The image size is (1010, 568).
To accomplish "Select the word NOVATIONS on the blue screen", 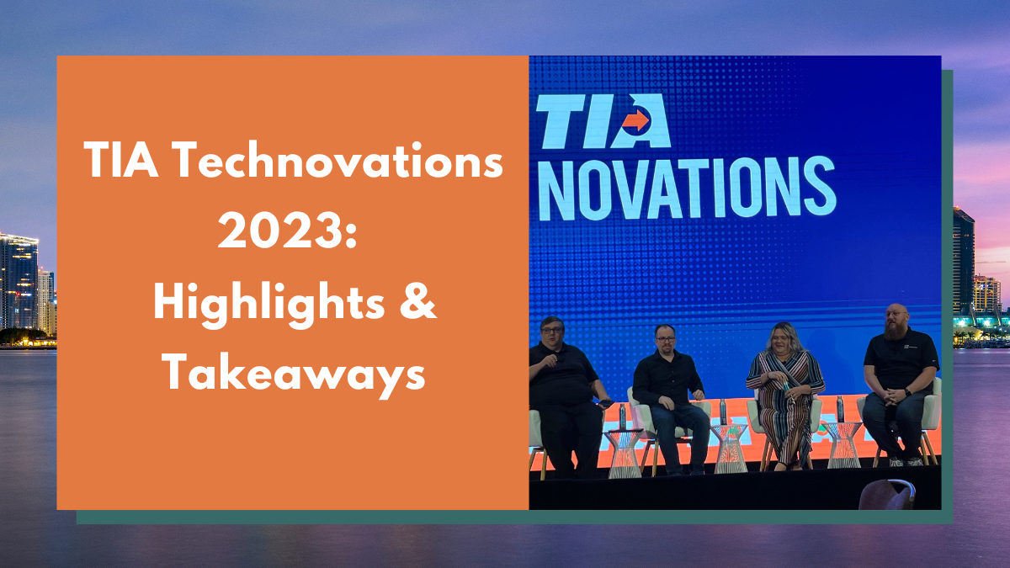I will [686, 187].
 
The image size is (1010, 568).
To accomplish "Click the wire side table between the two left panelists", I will [624, 450].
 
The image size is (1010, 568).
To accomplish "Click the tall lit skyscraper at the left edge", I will [18, 282].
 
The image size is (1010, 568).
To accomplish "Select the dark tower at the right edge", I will [963, 261].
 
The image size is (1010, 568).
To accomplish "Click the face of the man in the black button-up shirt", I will [664, 339].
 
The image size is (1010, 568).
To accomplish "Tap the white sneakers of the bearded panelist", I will [906, 461].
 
